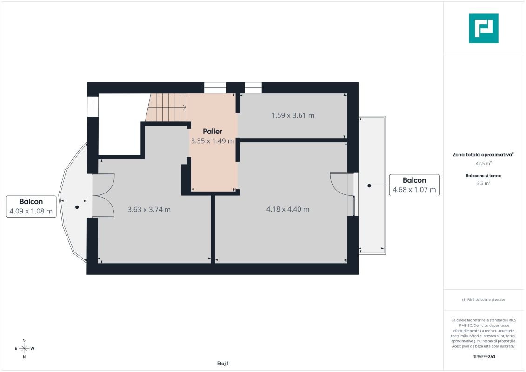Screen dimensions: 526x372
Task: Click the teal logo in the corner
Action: (483, 28)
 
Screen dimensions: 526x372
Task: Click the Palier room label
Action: (213, 132)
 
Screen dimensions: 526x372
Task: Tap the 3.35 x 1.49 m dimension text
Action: (213, 141)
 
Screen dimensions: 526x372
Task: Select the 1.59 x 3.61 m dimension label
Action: (293, 115)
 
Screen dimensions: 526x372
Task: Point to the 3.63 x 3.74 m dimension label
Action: (149, 210)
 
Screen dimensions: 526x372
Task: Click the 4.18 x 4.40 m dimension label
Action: (288, 209)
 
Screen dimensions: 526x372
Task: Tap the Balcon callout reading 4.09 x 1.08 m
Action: (31, 206)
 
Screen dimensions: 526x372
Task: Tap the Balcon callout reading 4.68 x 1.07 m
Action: (414, 185)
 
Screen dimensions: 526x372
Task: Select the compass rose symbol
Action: (24, 348)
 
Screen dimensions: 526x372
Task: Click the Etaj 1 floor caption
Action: (223, 363)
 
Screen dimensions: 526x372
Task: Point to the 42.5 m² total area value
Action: (483, 163)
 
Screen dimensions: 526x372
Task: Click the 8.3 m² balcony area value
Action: (483, 183)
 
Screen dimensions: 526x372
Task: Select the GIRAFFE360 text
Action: (483, 357)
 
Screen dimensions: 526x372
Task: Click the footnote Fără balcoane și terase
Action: (483, 299)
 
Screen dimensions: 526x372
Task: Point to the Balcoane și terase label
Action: (483, 175)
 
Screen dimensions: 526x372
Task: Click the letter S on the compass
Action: (24, 340)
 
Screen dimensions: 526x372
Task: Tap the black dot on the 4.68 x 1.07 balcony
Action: (369, 186)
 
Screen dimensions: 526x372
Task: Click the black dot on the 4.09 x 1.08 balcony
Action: (77, 207)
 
